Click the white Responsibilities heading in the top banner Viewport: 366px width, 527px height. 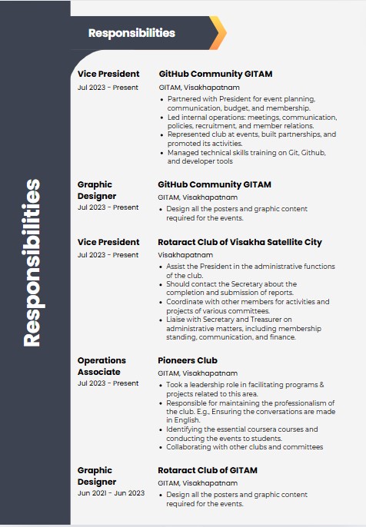131,33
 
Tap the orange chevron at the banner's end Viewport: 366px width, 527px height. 218,33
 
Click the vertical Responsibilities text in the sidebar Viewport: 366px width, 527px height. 32,263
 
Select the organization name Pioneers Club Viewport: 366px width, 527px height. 188,360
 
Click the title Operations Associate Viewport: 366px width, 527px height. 101,366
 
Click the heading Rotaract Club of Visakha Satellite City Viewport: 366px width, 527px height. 240,242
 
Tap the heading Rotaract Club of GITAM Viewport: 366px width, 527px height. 208,470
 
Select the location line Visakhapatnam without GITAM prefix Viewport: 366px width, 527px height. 184,254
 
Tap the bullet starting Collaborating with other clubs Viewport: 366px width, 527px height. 245,446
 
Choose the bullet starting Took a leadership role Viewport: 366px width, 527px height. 245,389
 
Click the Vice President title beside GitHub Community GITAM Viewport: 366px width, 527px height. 108,74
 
